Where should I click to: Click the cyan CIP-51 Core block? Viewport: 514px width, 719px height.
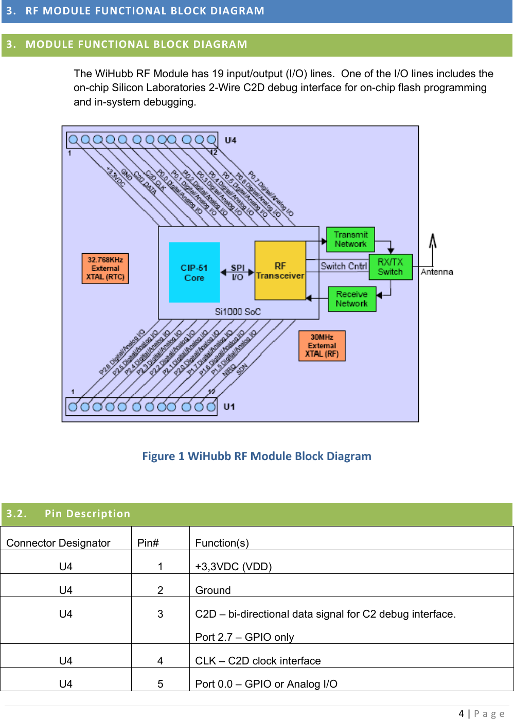194,272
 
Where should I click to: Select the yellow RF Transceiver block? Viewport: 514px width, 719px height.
280,271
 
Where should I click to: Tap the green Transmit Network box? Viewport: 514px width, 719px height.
350,239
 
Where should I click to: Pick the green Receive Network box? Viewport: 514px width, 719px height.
352,299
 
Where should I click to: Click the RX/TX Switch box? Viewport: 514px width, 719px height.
390,267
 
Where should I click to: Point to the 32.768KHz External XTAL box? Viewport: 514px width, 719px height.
105,268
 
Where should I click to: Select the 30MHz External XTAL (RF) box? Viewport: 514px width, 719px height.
322,346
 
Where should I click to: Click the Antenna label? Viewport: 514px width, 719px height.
437,272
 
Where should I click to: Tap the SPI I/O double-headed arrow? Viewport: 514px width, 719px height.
237,272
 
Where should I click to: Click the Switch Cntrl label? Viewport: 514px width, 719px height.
343,266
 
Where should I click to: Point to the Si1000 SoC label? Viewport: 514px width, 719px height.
238,311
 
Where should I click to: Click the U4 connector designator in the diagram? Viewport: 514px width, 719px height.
231,140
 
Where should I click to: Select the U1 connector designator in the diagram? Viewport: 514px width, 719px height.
229,407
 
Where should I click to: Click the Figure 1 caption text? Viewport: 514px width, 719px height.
256,456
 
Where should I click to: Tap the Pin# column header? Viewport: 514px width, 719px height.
148,543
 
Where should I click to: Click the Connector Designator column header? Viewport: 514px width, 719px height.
58,543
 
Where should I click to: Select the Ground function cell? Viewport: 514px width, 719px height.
213,590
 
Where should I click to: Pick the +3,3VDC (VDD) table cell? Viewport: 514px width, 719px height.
233,567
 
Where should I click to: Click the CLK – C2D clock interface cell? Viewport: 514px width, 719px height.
258,661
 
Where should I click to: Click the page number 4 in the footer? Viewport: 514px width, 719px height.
461,713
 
